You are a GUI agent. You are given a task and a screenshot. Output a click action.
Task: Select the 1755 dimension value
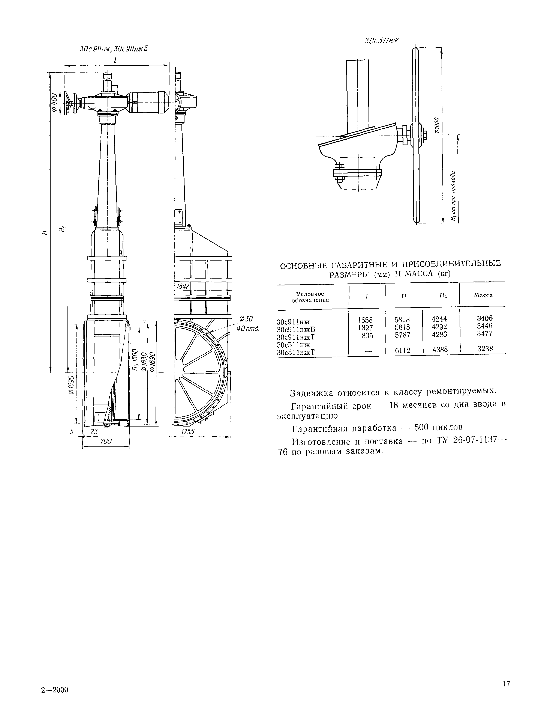[187, 431]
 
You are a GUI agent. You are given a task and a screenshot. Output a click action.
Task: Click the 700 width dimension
[106, 441]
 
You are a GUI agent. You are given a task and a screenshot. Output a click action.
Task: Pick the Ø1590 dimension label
[71, 385]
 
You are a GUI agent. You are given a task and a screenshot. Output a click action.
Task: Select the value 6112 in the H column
[402, 350]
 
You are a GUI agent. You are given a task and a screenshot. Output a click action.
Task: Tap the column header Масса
[483, 295]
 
